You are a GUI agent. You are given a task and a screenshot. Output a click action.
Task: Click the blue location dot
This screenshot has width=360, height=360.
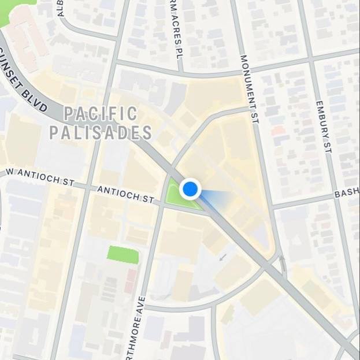[190, 188]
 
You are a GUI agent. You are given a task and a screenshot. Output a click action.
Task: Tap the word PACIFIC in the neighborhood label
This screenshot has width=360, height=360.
[101, 113]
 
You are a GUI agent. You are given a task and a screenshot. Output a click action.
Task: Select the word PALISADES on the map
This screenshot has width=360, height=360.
[101, 132]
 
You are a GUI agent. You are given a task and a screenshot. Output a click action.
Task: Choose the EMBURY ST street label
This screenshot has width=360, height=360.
[323, 127]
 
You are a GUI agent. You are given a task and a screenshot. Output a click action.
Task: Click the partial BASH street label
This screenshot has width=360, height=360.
[346, 193]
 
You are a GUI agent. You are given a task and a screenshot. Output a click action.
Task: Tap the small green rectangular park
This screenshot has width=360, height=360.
[123, 255]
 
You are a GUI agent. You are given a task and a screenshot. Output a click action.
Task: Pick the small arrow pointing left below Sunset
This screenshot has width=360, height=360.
[222, 255]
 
